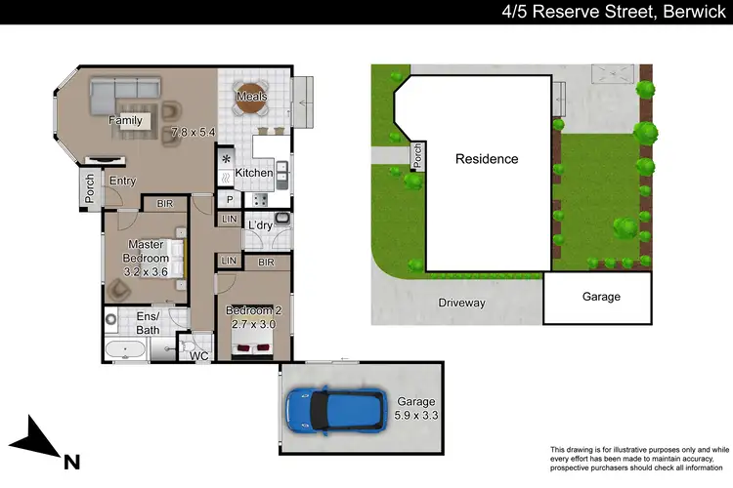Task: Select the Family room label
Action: pos(125,121)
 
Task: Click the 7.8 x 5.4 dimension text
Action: pos(192,132)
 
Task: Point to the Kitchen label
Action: pos(253,173)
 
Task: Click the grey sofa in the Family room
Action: pos(125,93)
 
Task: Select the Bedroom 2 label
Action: pos(252,310)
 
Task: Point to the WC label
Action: pos(199,356)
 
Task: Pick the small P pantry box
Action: pos(229,199)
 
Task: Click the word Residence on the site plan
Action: pos(487,158)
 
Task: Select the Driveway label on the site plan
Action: pos(461,303)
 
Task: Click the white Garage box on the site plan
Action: pos(601,297)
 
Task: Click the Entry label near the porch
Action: pos(123,181)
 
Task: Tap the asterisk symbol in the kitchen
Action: pos(227,158)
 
